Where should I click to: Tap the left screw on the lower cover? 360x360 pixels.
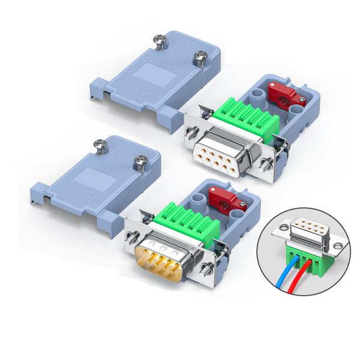tap(100, 143)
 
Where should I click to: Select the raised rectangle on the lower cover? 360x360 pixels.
tap(88, 179)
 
